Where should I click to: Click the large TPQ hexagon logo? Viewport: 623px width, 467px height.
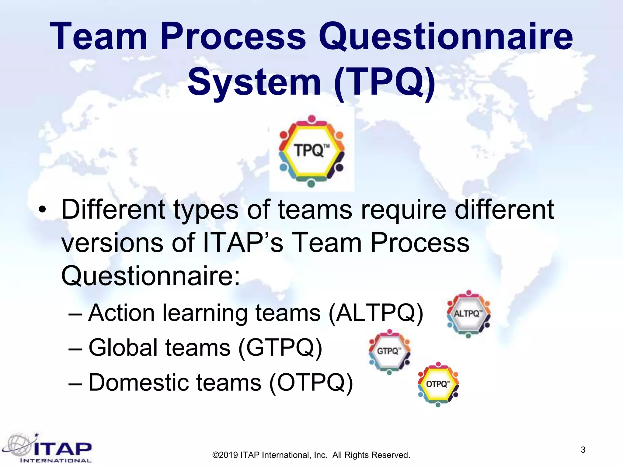click(x=311, y=151)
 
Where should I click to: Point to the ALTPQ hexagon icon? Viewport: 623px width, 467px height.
click(x=468, y=314)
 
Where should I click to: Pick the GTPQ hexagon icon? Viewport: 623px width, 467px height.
click(x=389, y=351)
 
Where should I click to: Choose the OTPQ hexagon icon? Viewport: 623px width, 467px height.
click(x=438, y=384)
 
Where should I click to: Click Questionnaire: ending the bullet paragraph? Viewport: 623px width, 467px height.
click(x=151, y=276)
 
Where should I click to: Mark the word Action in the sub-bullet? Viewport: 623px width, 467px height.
click(x=121, y=313)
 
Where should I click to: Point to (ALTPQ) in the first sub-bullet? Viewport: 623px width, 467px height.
click(x=376, y=313)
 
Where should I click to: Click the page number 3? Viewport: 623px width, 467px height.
click(x=583, y=450)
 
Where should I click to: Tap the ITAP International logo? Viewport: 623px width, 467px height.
click(x=47, y=449)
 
